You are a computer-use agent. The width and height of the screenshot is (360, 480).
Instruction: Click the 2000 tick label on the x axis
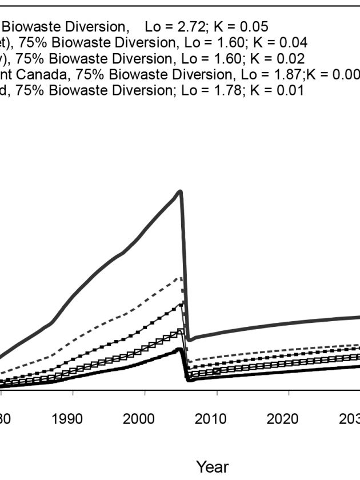pos(139,419)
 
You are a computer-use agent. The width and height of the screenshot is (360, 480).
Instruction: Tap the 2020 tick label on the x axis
pos(283,419)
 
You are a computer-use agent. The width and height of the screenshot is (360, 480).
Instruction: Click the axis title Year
pos(212,467)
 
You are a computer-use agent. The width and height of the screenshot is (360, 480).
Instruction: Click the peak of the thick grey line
pos(180,191)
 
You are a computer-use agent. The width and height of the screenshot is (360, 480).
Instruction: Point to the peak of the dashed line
pos(181,278)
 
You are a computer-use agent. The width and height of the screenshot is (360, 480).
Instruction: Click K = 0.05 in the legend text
pos(242,26)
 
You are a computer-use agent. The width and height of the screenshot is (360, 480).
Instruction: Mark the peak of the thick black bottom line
pos(179,349)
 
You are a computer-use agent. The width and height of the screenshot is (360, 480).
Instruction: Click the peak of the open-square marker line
pos(181,331)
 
